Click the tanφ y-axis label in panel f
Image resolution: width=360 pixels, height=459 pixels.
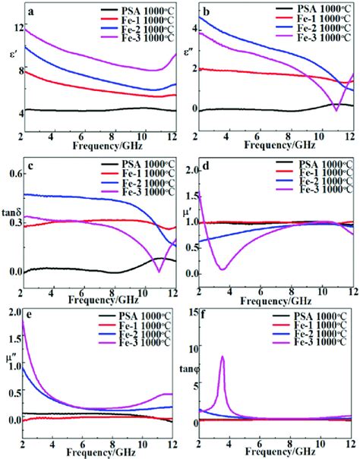(x=187, y=369)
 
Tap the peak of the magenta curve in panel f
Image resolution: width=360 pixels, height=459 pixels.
(x=223, y=357)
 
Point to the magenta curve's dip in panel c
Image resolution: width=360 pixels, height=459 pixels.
(x=159, y=271)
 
